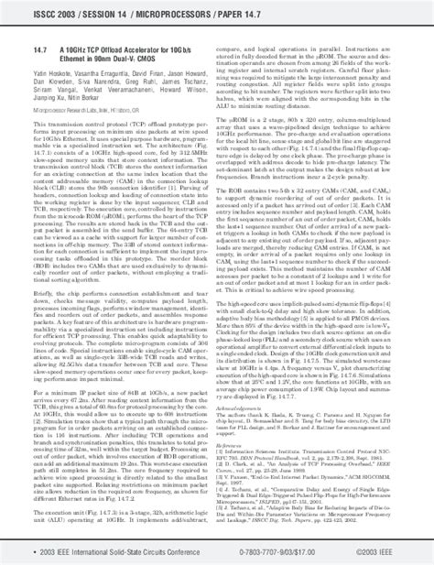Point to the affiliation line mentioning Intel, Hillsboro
(x=87, y=108)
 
